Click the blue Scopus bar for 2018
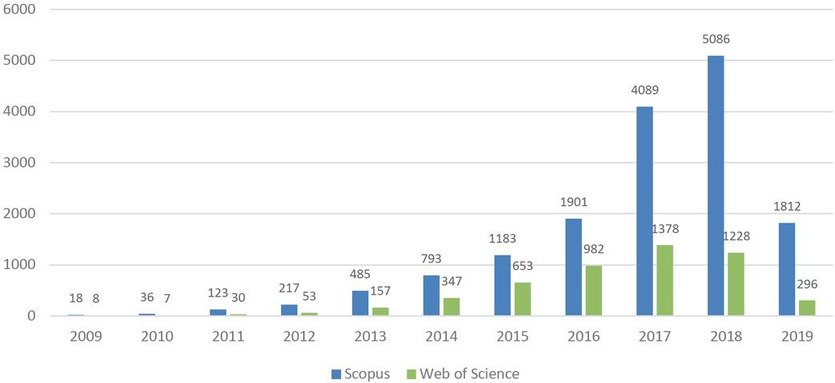click(x=716, y=185)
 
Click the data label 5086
click(x=717, y=38)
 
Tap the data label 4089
click(x=645, y=91)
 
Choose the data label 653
click(x=523, y=267)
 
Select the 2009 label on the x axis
click(x=86, y=337)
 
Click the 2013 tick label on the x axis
click(x=371, y=337)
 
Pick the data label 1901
click(x=574, y=203)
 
